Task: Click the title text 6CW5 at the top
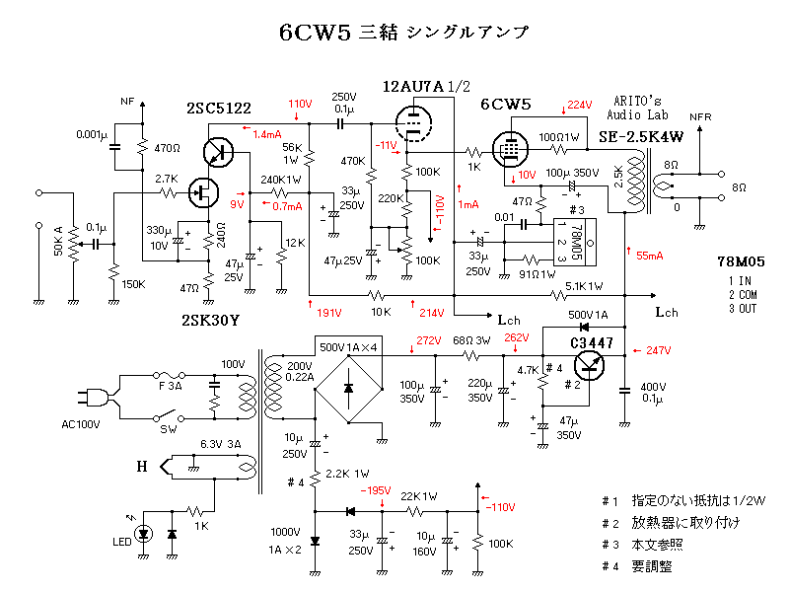[x=311, y=32]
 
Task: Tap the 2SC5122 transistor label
[x=219, y=109]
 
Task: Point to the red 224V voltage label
[x=579, y=106]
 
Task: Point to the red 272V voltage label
[x=428, y=341]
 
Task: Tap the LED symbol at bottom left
[x=144, y=534]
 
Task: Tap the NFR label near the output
[x=699, y=115]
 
